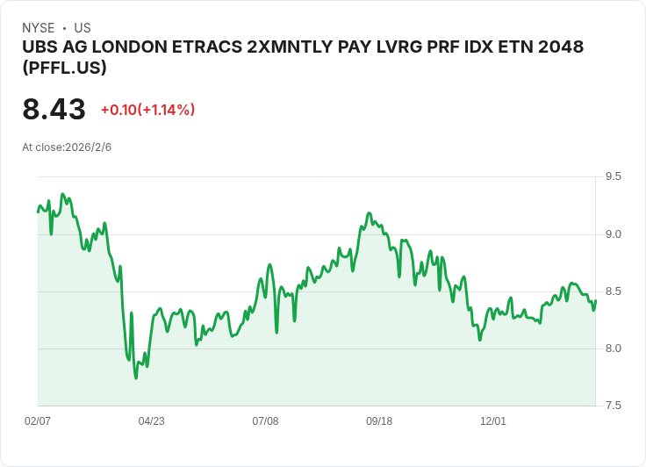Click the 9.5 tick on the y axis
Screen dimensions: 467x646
point(613,176)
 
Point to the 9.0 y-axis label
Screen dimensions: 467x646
point(613,233)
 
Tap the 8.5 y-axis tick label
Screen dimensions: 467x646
point(613,291)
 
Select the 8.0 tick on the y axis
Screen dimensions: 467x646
point(613,348)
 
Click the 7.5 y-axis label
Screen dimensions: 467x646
point(613,406)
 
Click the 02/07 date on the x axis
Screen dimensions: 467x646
point(38,421)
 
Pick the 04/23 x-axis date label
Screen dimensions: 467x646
point(151,421)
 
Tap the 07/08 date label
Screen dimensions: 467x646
point(265,421)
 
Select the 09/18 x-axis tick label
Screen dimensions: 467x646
point(379,421)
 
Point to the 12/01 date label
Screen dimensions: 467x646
point(493,421)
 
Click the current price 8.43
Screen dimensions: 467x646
point(54,110)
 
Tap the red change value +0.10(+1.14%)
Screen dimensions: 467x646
point(147,110)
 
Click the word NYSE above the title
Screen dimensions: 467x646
point(39,28)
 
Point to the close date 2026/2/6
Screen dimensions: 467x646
point(88,147)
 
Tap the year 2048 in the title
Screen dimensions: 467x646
point(559,47)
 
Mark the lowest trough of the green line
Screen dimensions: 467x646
point(136,377)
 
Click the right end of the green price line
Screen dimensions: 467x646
point(595,301)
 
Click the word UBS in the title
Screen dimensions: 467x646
point(39,47)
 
